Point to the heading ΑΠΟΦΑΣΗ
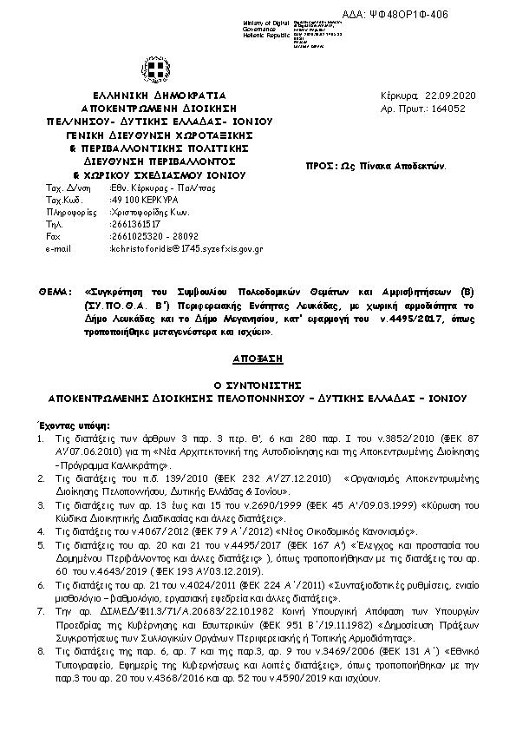pyautogui.click(x=257, y=358)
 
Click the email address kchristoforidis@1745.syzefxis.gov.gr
pyautogui.click(x=186, y=248)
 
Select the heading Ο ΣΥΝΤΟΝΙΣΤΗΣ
pyautogui.click(x=257, y=385)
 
